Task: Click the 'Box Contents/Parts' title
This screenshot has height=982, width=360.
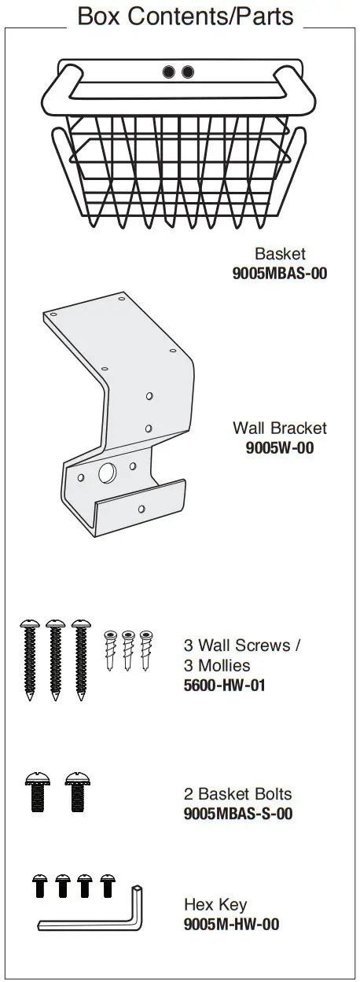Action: [x=185, y=17]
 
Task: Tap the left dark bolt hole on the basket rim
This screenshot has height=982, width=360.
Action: [x=169, y=72]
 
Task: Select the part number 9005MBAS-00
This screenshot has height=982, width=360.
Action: [x=279, y=274]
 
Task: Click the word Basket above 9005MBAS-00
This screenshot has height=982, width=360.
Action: [x=280, y=253]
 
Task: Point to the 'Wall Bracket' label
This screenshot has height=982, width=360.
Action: [x=280, y=428]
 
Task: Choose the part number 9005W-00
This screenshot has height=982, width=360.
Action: [x=280, y=447]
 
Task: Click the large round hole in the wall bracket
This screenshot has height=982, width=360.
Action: [x=108, y=473]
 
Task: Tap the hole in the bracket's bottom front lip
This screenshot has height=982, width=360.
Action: [x=141, y=509]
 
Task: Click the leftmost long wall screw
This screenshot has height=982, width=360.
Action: [x=30, y=660]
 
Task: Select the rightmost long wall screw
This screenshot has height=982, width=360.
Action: [x=81, y=660]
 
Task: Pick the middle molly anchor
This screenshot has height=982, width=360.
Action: [x=127, y=649]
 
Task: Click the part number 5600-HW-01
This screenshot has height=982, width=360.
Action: [x=225, y=685]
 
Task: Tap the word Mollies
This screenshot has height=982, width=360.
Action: [x=224, y=665]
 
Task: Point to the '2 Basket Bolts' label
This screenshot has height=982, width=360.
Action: [x=237, y=793]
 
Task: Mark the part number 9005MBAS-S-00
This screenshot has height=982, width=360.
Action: [x=238, y=813]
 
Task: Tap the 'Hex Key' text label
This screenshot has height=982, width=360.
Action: [x=215, y=904]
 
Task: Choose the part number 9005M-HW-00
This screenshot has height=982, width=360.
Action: [x=231, y=924]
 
